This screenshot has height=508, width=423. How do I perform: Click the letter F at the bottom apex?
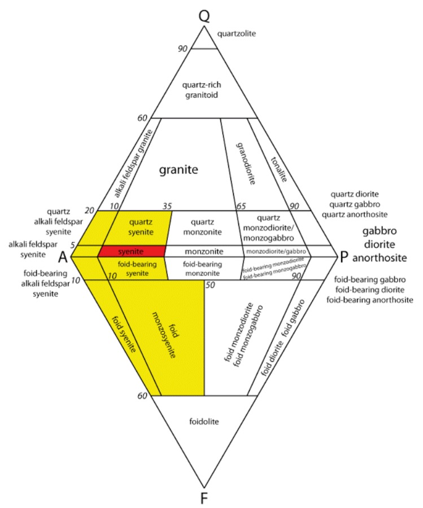tap(204, 497)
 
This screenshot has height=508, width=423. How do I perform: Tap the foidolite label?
tap(203, 421)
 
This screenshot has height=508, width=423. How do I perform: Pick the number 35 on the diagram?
tap(167, 206)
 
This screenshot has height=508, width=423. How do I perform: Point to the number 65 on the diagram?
tap(241, 206)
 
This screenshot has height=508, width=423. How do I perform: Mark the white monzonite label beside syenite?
tap(203, 251)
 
